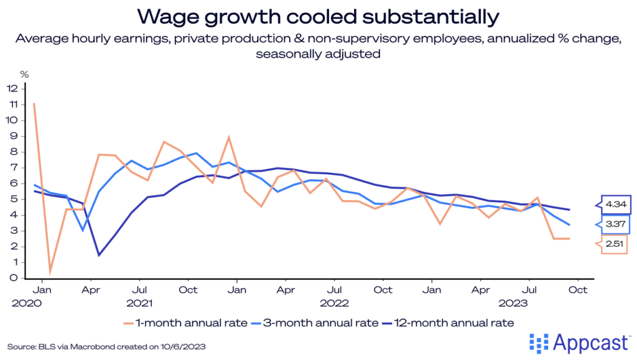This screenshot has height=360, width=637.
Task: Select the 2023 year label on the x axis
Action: tap(513, 304)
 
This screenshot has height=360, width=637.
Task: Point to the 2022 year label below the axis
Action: tap(335, 304)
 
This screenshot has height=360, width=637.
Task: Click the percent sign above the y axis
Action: tap(24, 74)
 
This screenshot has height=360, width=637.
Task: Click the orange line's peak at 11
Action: tap(34, 103)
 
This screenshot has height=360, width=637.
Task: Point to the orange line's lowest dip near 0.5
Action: tap(50, 270)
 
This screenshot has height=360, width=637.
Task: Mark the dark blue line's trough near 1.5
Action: tap(99, 254)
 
